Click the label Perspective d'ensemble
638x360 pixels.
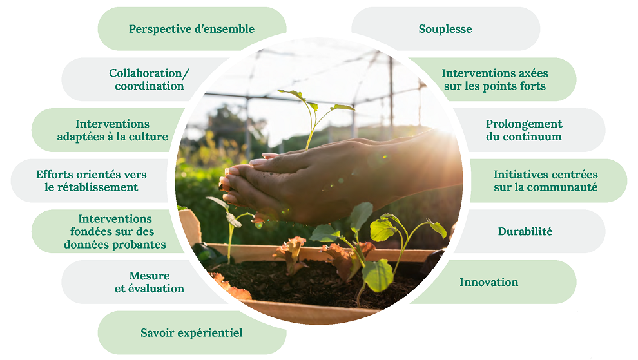(191, 29)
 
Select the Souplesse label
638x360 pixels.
(445, 29)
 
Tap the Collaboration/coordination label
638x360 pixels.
(150, 79)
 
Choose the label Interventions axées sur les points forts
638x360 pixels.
(495, 79)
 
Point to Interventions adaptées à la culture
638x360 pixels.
(112, 130)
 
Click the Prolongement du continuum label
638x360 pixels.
(524, 130)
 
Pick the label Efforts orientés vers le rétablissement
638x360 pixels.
(91, 180)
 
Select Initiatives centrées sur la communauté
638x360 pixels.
(546, 180)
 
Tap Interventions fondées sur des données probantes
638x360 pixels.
(115, 231)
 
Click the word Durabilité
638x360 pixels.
(525, 231)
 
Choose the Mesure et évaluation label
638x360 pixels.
(150, 282)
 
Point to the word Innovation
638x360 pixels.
(489, 282)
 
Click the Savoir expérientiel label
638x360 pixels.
(191, 333)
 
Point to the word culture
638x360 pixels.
(148, 137)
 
